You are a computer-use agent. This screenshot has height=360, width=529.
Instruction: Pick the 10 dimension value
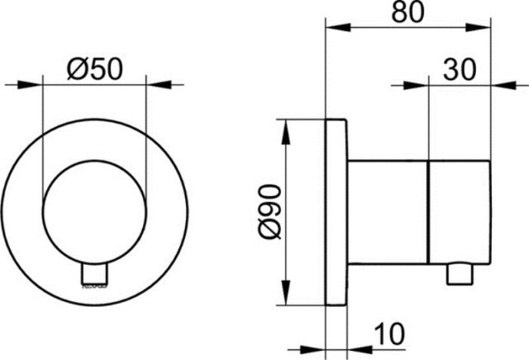coord(389,332)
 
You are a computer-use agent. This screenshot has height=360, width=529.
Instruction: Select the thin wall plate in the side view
coord(335,213)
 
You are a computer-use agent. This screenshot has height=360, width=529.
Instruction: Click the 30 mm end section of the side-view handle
coord(459,213)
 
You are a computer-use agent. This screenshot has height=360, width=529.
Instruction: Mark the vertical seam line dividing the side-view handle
coord(429,213)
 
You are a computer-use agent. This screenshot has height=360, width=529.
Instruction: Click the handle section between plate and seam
coord(387,213)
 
